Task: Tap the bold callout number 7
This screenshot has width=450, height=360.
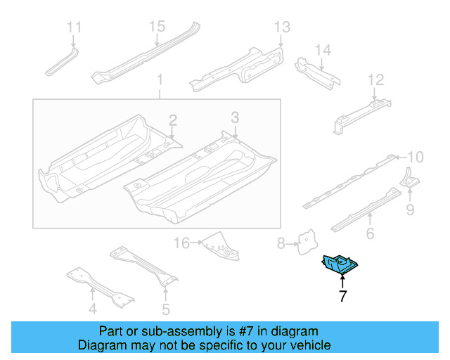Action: [x=342, y=296]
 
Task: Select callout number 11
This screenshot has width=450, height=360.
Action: [x=74, y=27]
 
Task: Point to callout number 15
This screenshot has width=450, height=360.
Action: [x=157, y=27]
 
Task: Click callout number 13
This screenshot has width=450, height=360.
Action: [x=282, y=27]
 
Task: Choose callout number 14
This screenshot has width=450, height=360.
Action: [x=323, y=50]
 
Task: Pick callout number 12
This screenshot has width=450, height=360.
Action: [x=375, y=79]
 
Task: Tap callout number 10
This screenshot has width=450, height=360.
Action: [x=416, y=157]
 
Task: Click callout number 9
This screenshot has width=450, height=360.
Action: [x=410, y=210]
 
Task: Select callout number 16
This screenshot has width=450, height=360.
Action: [x=182, y=243]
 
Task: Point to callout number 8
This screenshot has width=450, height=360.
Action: [x=281, y=244]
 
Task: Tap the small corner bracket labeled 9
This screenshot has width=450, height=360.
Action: [x=409, y=179]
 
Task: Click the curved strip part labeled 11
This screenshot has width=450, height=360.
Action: [x=62, y=63]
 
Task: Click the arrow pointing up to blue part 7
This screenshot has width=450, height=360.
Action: [x=342, y=281]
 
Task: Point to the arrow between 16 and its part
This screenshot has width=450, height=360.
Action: [x=197, y=243]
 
